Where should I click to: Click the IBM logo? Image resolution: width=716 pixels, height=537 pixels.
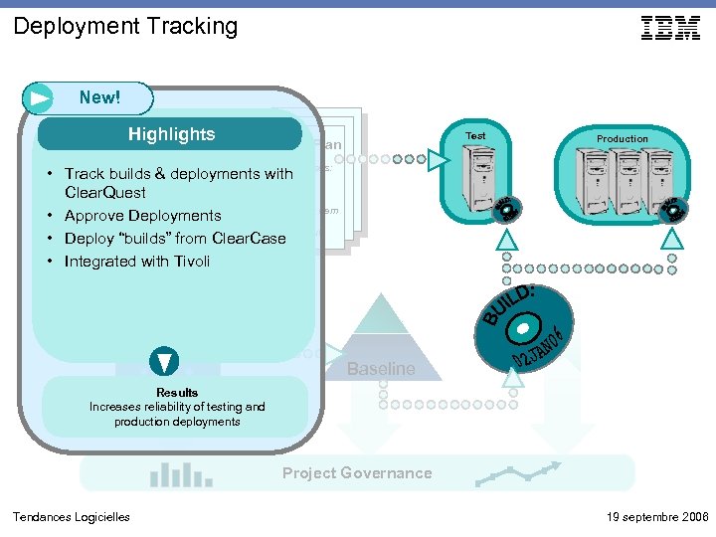tap(670, 29)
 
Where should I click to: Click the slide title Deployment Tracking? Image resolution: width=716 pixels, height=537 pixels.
tap(125, 26)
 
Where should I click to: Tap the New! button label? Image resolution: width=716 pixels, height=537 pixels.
tap(99, 97)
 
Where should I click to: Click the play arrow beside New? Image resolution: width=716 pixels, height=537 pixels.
tap(41, 98)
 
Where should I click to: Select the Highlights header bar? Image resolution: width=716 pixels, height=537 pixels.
tap(170, 134)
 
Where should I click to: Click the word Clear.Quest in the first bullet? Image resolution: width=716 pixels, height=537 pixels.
tap(104, 193)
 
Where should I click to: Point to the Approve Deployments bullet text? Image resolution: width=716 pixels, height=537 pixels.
tap(142, 216)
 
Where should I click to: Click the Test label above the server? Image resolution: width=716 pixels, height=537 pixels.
tap(476, 135)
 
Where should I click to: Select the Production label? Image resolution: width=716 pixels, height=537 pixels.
tap(622, 139)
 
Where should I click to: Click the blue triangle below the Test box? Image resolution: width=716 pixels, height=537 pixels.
tap(506, 239)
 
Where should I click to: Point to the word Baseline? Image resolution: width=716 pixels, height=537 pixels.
tap(381, 369)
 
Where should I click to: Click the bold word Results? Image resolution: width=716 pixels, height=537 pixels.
tap(177, 392)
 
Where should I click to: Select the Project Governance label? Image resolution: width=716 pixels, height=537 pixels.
tap(357, 473)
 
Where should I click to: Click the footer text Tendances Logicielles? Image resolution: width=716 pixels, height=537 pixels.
tap(71, 516)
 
